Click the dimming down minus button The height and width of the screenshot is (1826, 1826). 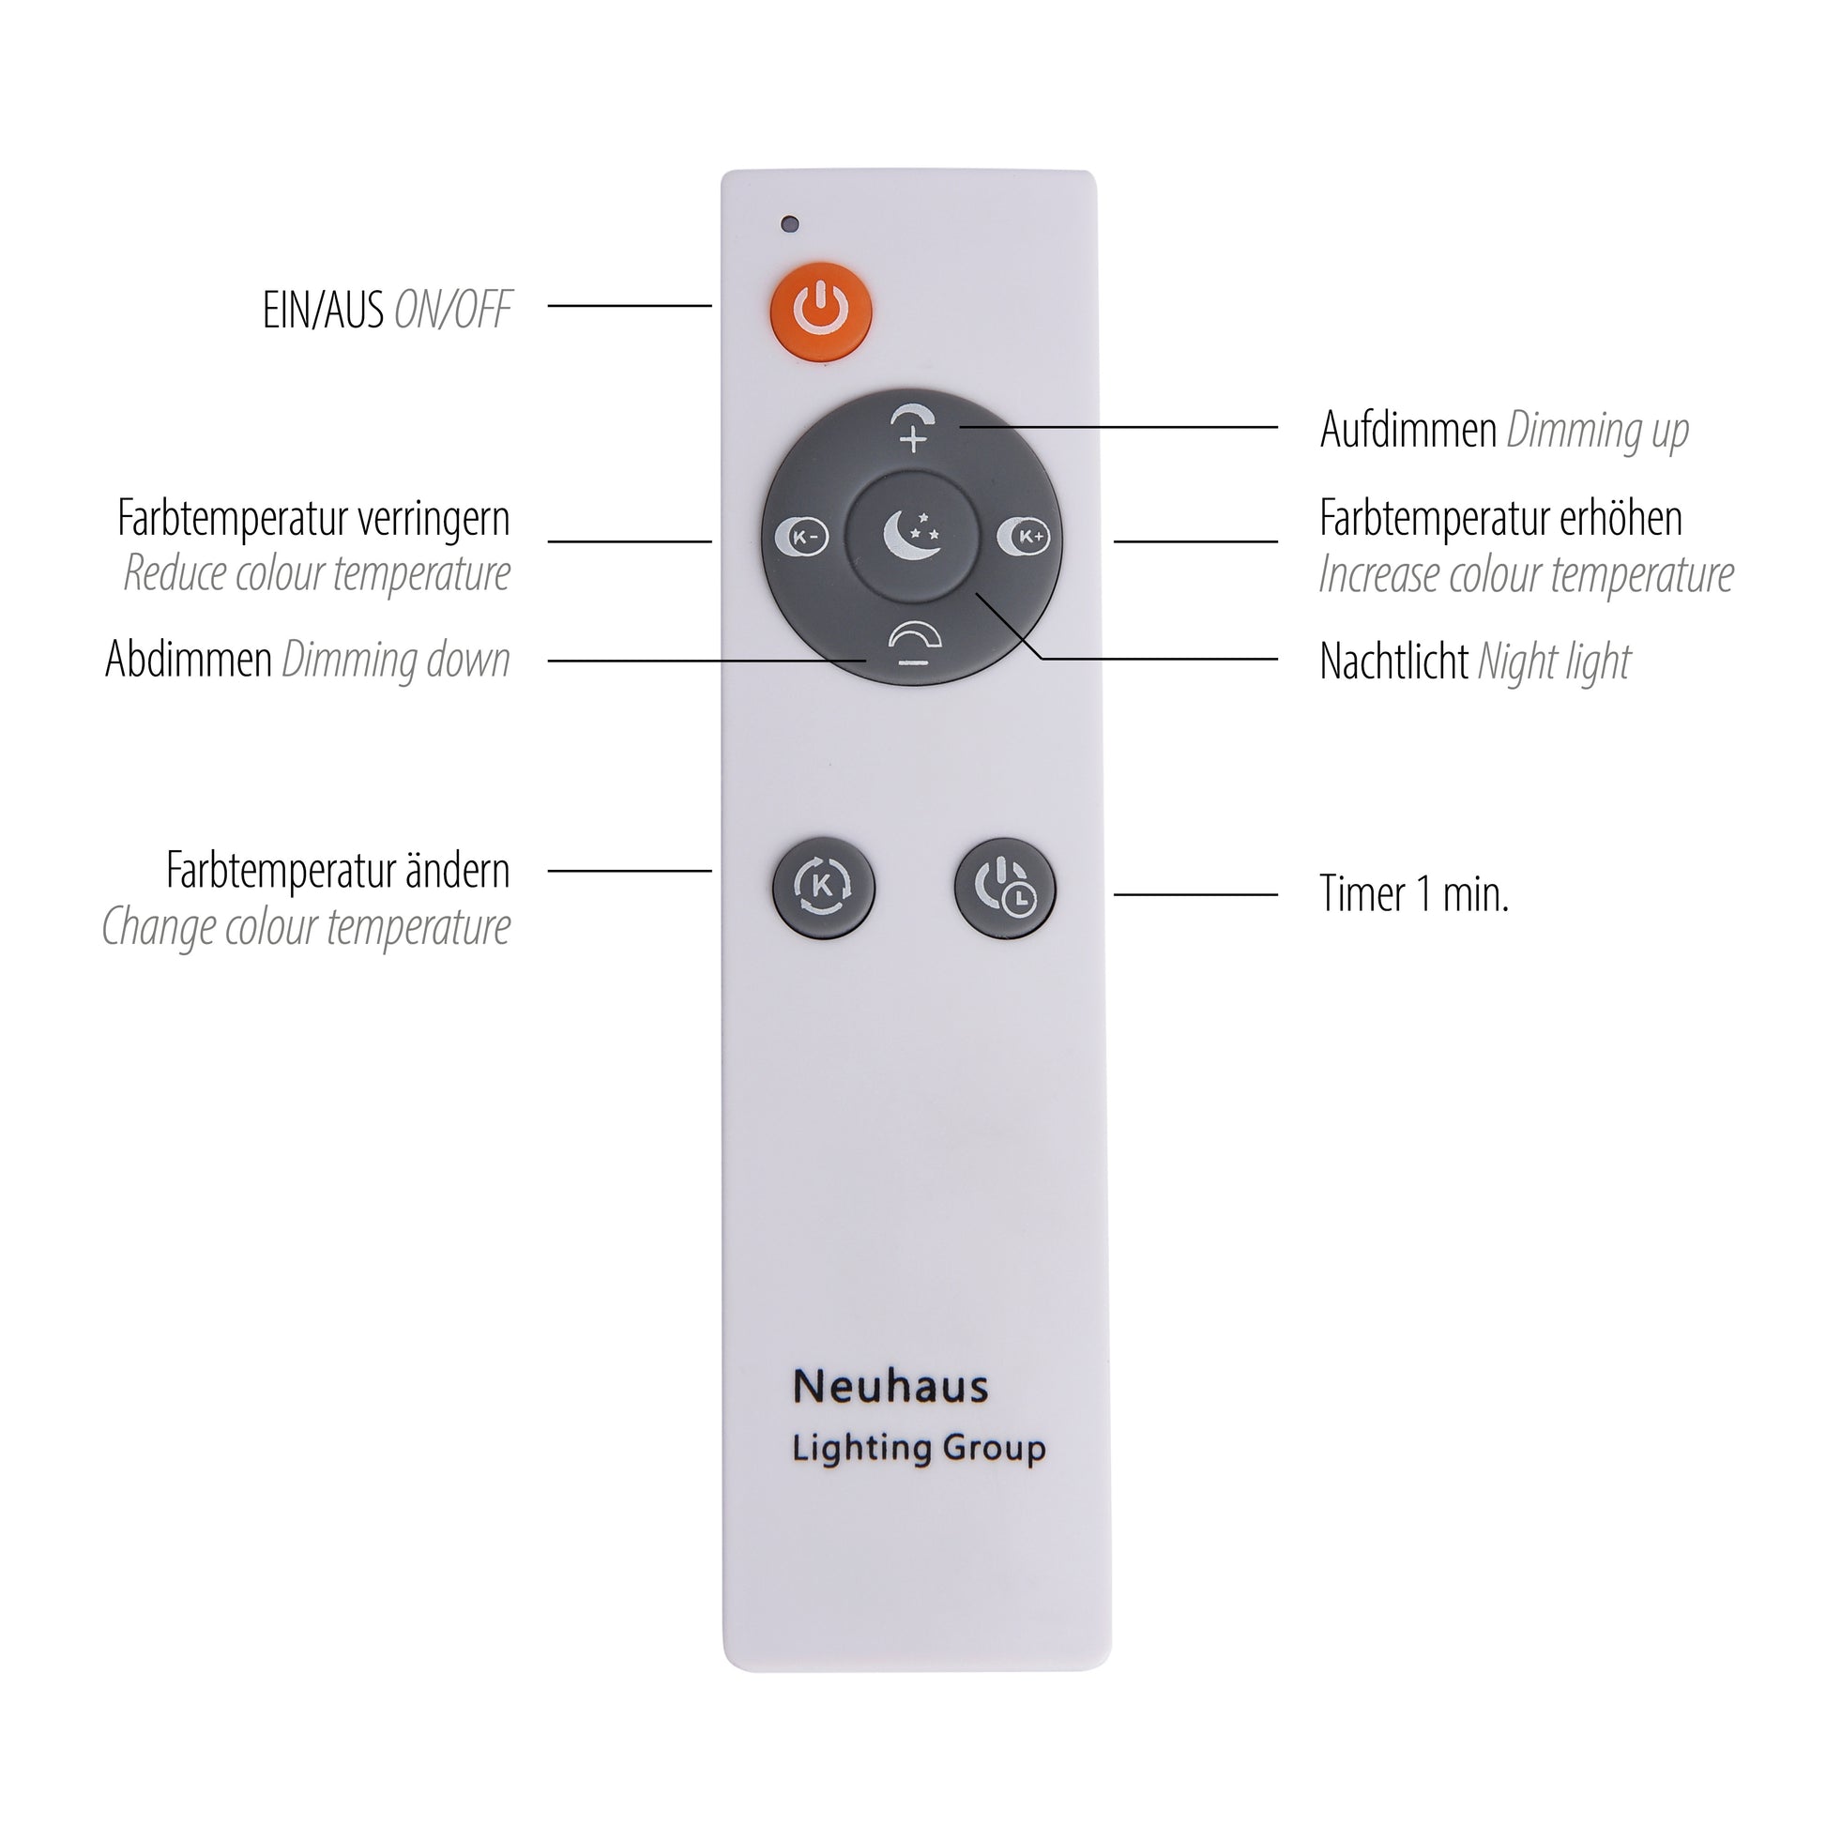point(914,644)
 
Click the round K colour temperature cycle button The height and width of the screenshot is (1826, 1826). point(823,887)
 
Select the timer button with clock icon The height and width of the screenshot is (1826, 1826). point(1006,888)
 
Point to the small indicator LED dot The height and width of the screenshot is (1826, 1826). point(790,224)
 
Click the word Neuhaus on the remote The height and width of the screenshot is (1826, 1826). point(890,1388)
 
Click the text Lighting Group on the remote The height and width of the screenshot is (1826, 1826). point(919,1449)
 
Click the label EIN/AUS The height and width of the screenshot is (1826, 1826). point(323,310)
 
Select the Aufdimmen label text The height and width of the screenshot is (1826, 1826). point(1408,430)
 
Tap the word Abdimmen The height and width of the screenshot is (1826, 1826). point(189,659)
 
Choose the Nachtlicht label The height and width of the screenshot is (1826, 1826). point(1394,661)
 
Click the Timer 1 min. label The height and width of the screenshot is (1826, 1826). point(1414,893)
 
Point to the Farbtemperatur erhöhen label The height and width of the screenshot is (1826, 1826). point(1501,518)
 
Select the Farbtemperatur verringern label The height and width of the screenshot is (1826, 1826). point(313,518)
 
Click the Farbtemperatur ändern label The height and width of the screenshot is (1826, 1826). point(339,870)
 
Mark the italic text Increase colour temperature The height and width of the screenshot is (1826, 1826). point(1527,573)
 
